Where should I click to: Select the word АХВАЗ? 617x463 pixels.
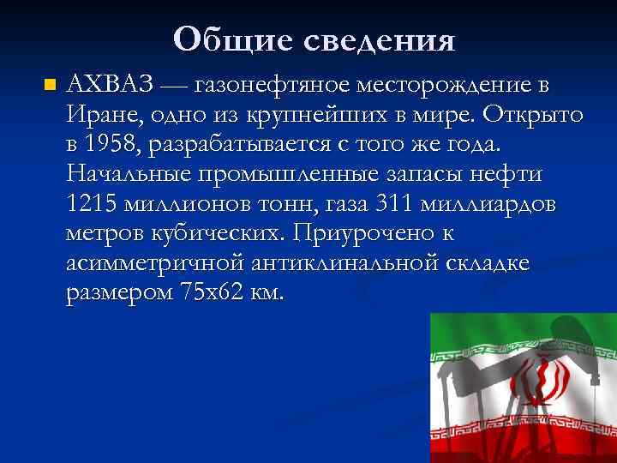tap(111, 85)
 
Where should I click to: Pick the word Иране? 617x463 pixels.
tap(99, 115)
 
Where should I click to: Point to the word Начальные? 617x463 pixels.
tap(125, 174)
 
